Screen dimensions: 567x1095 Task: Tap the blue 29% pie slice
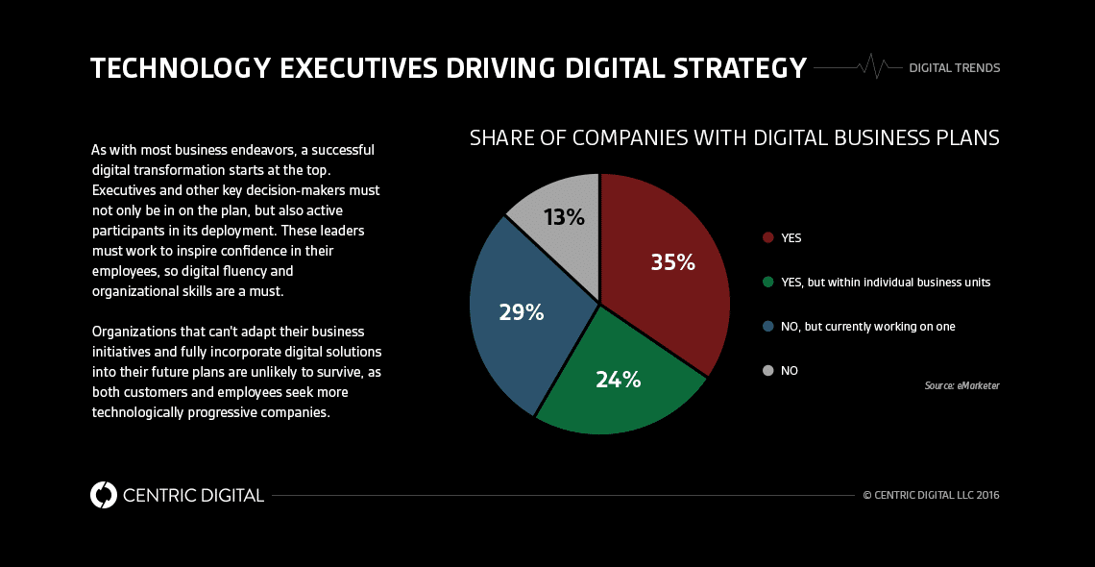(519, 312)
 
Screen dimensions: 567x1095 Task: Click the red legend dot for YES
(767, 237)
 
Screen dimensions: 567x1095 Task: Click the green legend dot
(767, 282)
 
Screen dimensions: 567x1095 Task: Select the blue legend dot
(767, 326)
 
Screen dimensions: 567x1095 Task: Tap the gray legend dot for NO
(767, 370)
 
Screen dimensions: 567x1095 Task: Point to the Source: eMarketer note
(961, 385)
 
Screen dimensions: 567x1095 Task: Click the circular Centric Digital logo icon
(103, 495)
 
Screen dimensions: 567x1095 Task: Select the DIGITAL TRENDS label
(954, 68)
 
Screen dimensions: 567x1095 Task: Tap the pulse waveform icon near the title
(874, 66)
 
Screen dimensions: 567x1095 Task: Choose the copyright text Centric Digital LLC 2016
(931, 496)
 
